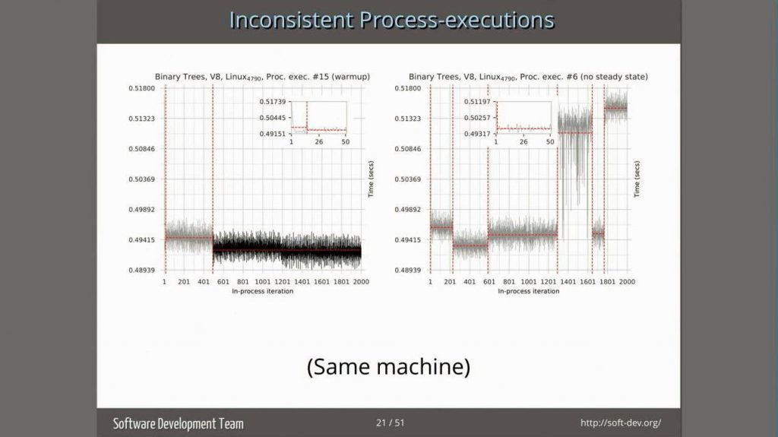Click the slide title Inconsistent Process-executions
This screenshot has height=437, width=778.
[391, 19]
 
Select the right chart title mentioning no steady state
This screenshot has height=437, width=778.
[528, 77]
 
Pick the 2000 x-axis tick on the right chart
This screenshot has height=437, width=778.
[626, 281]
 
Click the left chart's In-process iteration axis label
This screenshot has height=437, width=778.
[262, 291]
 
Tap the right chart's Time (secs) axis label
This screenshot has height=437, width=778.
[637, 179]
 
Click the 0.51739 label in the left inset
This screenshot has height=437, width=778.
[272, 102]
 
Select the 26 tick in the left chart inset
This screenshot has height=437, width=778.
[319, 142]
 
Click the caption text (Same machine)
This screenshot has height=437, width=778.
[388, 367]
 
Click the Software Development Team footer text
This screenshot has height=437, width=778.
[179, 423]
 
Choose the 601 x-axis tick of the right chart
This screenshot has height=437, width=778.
[489, 281]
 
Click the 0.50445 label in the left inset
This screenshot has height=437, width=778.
[272, 118]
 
